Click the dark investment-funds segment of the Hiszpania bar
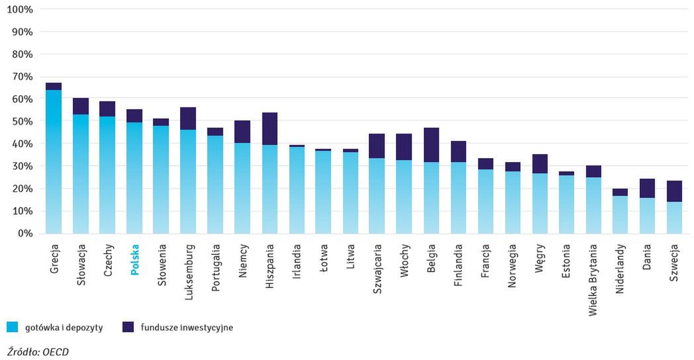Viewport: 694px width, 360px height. click(x=270, y=129)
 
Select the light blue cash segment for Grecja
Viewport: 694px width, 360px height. click(x=54, y=162)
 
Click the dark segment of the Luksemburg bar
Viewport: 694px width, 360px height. click(x=189, y=118)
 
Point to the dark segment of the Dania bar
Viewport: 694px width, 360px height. click(x=647, y=188)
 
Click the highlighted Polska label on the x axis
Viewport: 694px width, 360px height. click(x=135, y=261)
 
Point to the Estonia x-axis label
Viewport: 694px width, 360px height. click(x=566, y=263)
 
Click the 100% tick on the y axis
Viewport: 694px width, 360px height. click(x=19, y=9)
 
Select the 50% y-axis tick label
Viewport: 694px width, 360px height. click(x=22, y=121)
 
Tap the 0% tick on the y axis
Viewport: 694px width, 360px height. click(x=25, y=234)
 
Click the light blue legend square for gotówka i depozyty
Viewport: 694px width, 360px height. click(x=11, y=327)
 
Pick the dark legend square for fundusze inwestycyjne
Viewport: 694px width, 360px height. click(x=128, y=327)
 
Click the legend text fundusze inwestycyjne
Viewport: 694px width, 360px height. click(x=186, y=327)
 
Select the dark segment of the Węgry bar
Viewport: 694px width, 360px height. click(x=539, y=163)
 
